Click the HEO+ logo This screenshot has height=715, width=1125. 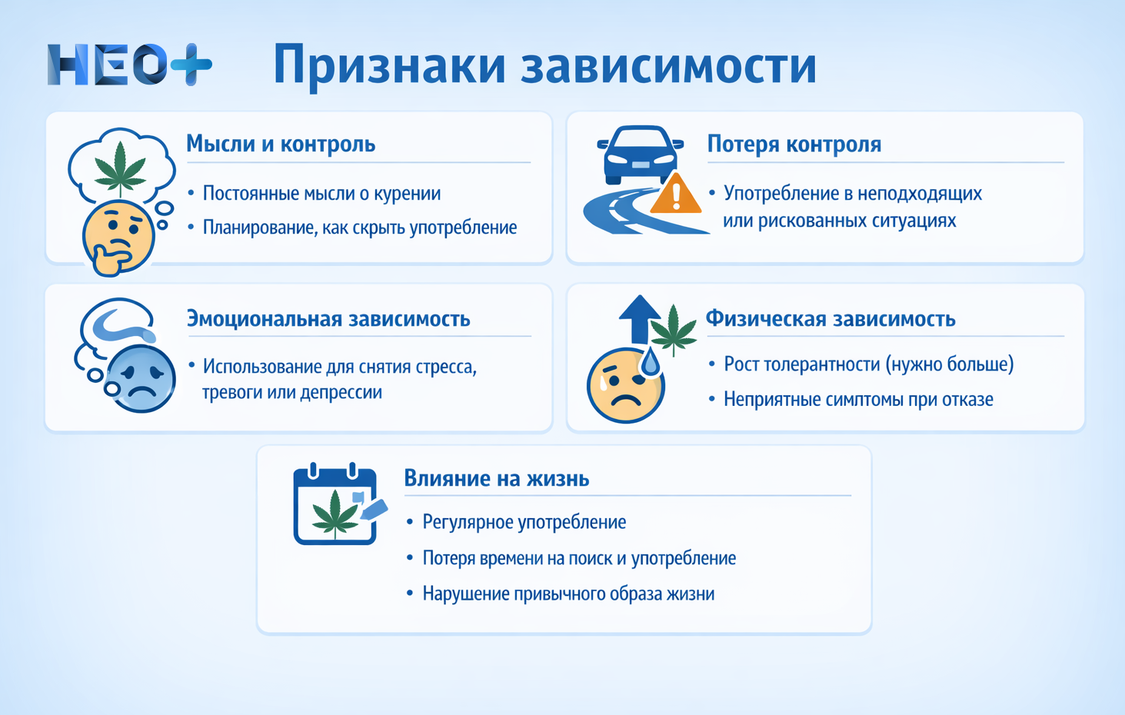pos(128,65)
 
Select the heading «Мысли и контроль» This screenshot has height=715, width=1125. pos(281,144)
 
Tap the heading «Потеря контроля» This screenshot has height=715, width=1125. pos(794,144)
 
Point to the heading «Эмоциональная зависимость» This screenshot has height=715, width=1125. pos(328,318)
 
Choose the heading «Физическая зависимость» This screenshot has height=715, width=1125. pos(830,318)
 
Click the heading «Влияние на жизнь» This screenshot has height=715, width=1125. pos(497,478)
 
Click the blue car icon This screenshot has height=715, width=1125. pos(640,154)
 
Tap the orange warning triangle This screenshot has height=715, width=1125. pos(675,195)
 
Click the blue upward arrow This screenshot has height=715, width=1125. pos(639,317)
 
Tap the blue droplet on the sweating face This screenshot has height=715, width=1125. pos(651,362)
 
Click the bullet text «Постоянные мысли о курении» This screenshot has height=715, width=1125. pos(321,193)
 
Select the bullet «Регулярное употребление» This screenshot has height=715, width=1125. pos(524,522)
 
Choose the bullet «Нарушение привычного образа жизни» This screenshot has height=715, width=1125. pos(568,594)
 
